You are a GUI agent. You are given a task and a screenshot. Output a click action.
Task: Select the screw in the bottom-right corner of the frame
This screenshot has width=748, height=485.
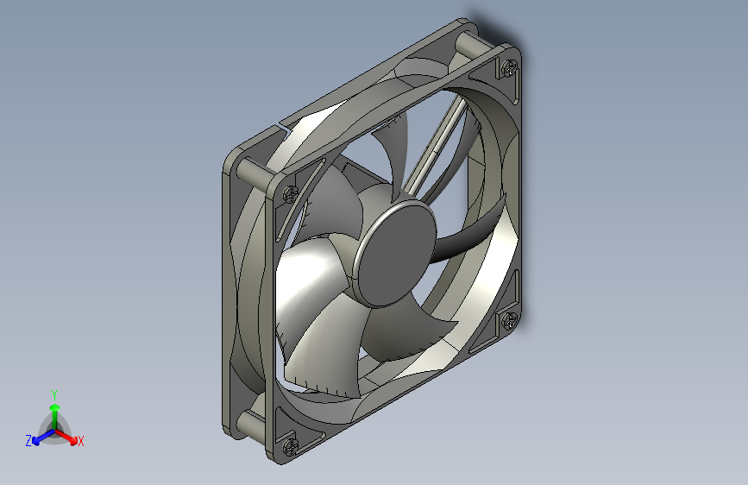tap(510, 321)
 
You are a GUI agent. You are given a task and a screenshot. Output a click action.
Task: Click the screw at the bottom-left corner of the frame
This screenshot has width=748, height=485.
tap(289, 446)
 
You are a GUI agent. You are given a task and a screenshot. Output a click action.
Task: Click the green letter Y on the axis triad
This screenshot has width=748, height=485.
tap(54, 394)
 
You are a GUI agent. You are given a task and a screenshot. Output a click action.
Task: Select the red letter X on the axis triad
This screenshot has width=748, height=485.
tap(81, 441)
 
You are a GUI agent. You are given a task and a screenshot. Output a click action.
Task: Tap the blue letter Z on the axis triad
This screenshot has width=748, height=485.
tap(28, 440)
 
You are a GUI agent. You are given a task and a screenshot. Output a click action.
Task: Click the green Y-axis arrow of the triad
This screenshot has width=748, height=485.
tap(54, 413)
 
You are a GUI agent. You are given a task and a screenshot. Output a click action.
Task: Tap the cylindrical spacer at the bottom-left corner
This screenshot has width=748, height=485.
tap(251, 424)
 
